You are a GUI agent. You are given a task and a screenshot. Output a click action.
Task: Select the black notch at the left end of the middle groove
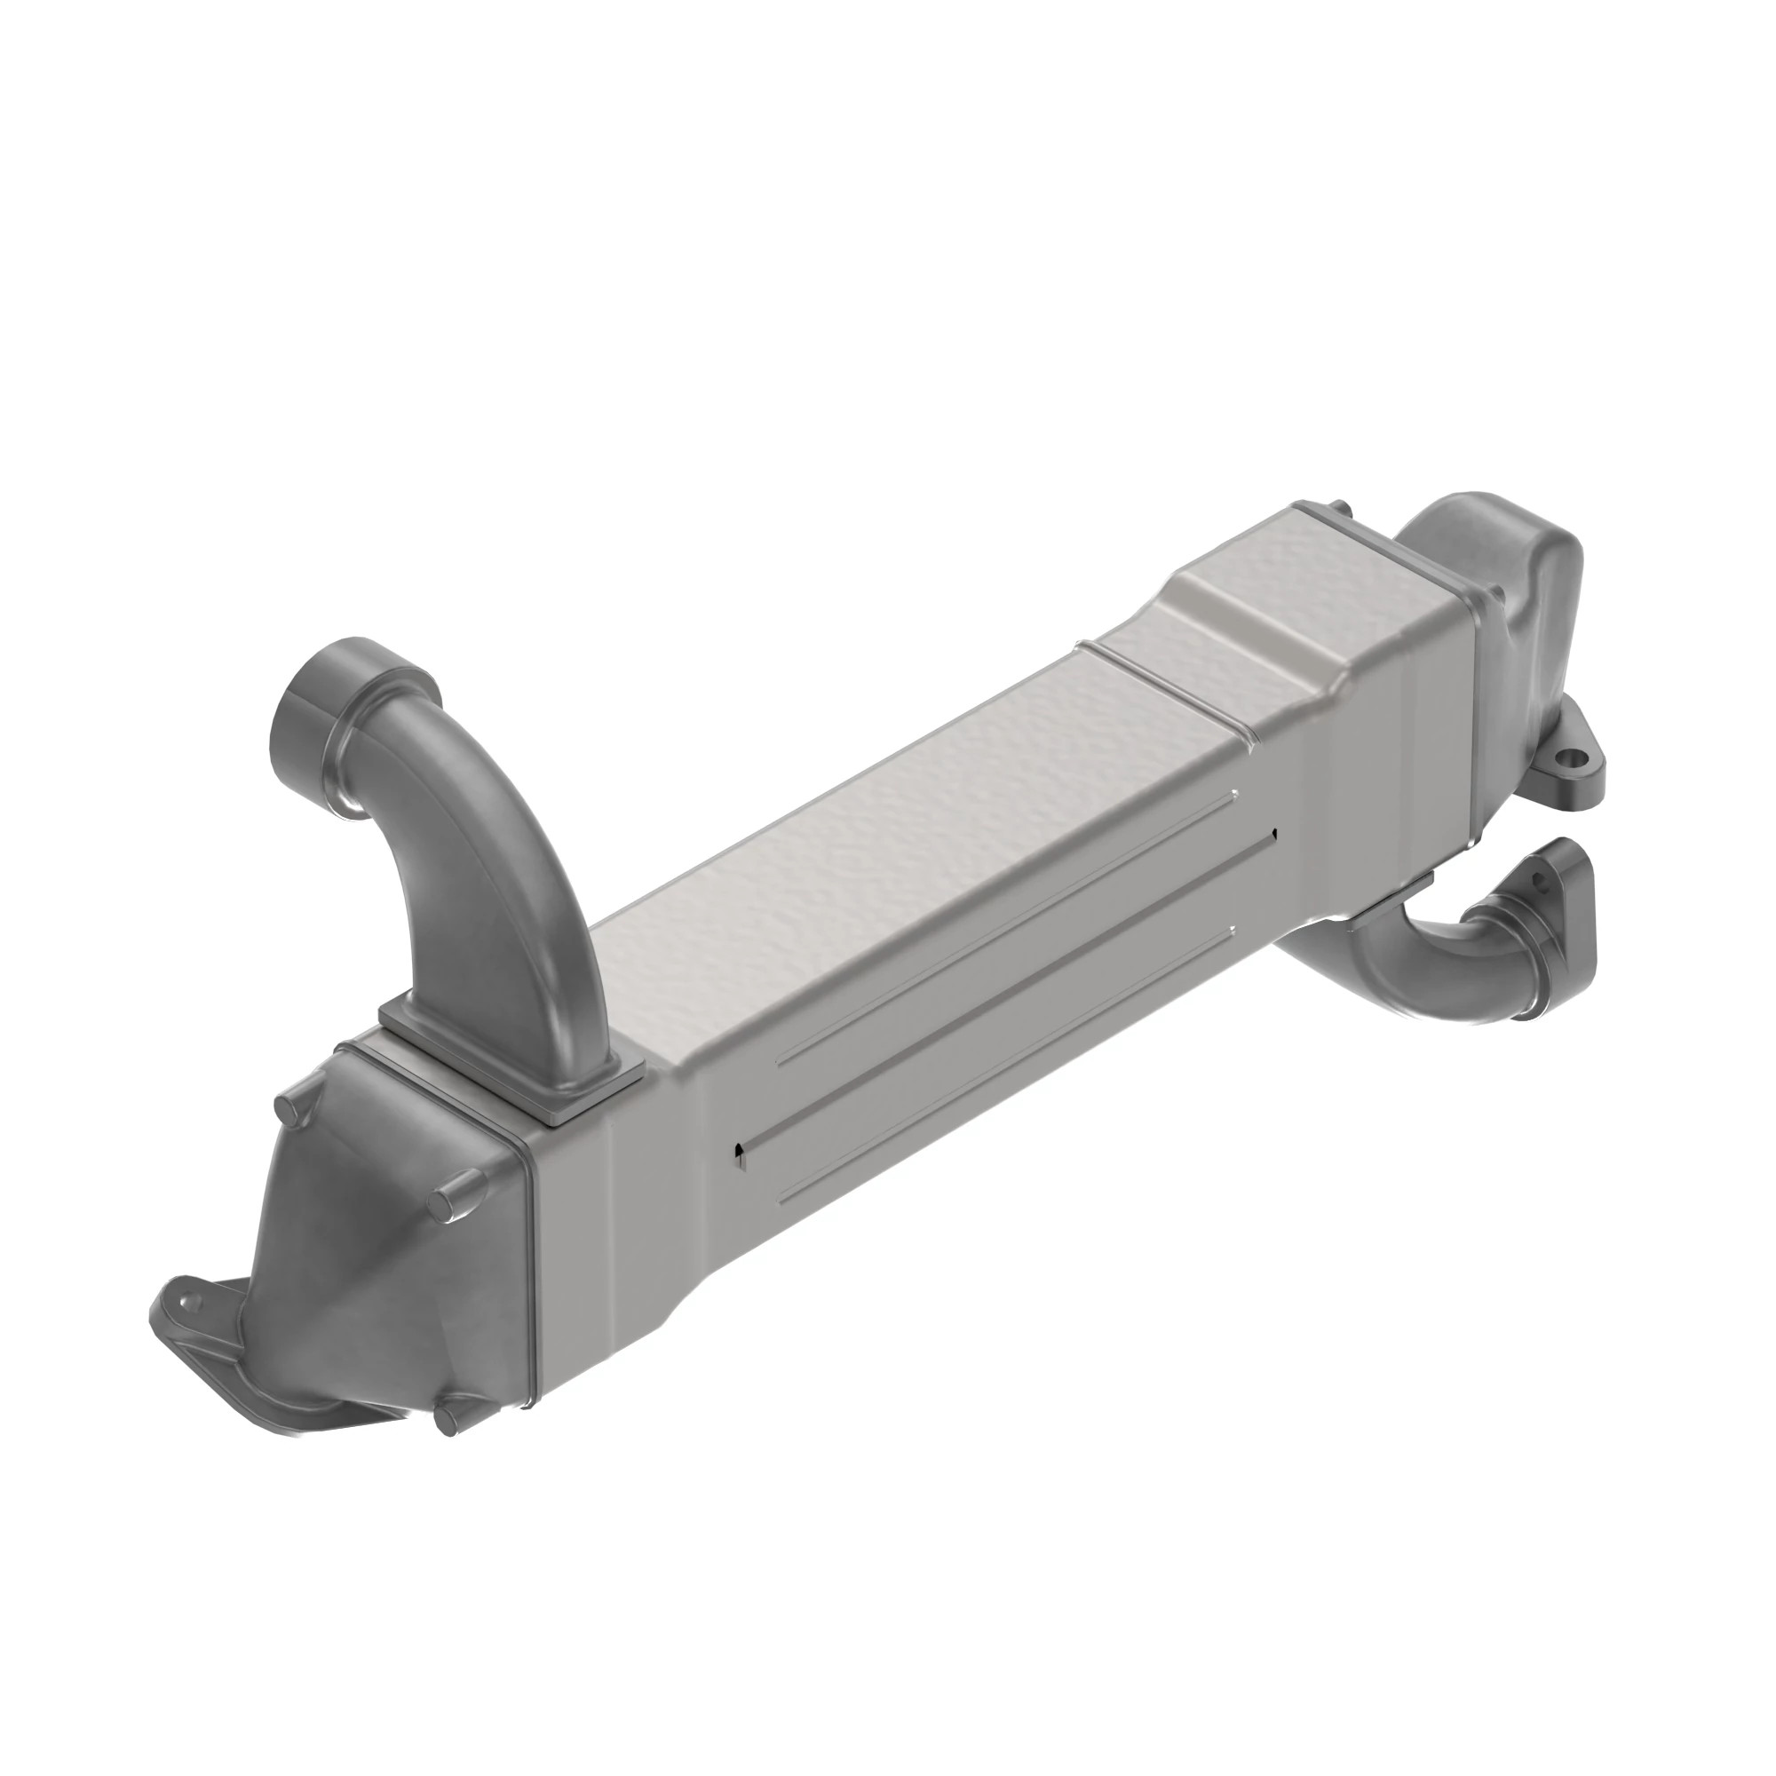(x=737, y=1151)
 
